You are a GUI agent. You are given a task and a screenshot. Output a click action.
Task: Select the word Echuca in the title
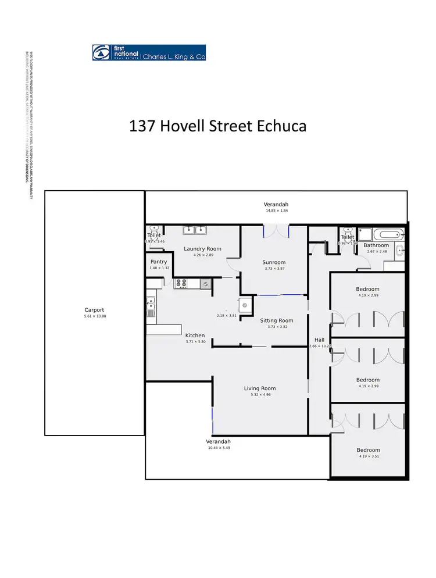[x=281, y=126]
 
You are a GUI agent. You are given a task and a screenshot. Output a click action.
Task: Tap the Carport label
[x=94, y=310]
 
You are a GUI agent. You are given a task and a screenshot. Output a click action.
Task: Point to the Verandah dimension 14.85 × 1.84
[x=277, y=210]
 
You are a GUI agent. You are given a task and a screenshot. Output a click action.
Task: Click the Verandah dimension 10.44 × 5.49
[x=219, y=448]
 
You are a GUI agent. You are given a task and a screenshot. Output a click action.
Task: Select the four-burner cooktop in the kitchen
[x=181, y=284]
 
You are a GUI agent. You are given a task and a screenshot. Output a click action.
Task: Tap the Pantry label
[x=159, y=262]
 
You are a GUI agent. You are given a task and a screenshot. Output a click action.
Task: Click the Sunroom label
[x=274, y=262]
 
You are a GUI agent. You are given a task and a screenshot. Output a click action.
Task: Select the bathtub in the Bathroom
[x=388, y=236]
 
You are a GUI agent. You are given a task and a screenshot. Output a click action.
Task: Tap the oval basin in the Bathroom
[x=399, y=251]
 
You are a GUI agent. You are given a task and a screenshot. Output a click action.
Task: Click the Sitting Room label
[x=277, y=320]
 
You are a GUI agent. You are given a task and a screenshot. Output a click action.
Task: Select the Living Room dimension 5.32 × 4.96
[x=260, y=395]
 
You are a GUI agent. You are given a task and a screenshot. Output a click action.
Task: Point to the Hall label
[x=319, y=340]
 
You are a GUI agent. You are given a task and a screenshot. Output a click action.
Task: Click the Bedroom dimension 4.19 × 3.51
[x=368, y=456]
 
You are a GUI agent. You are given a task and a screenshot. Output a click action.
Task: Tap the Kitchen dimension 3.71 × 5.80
[x=195, y=342]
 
